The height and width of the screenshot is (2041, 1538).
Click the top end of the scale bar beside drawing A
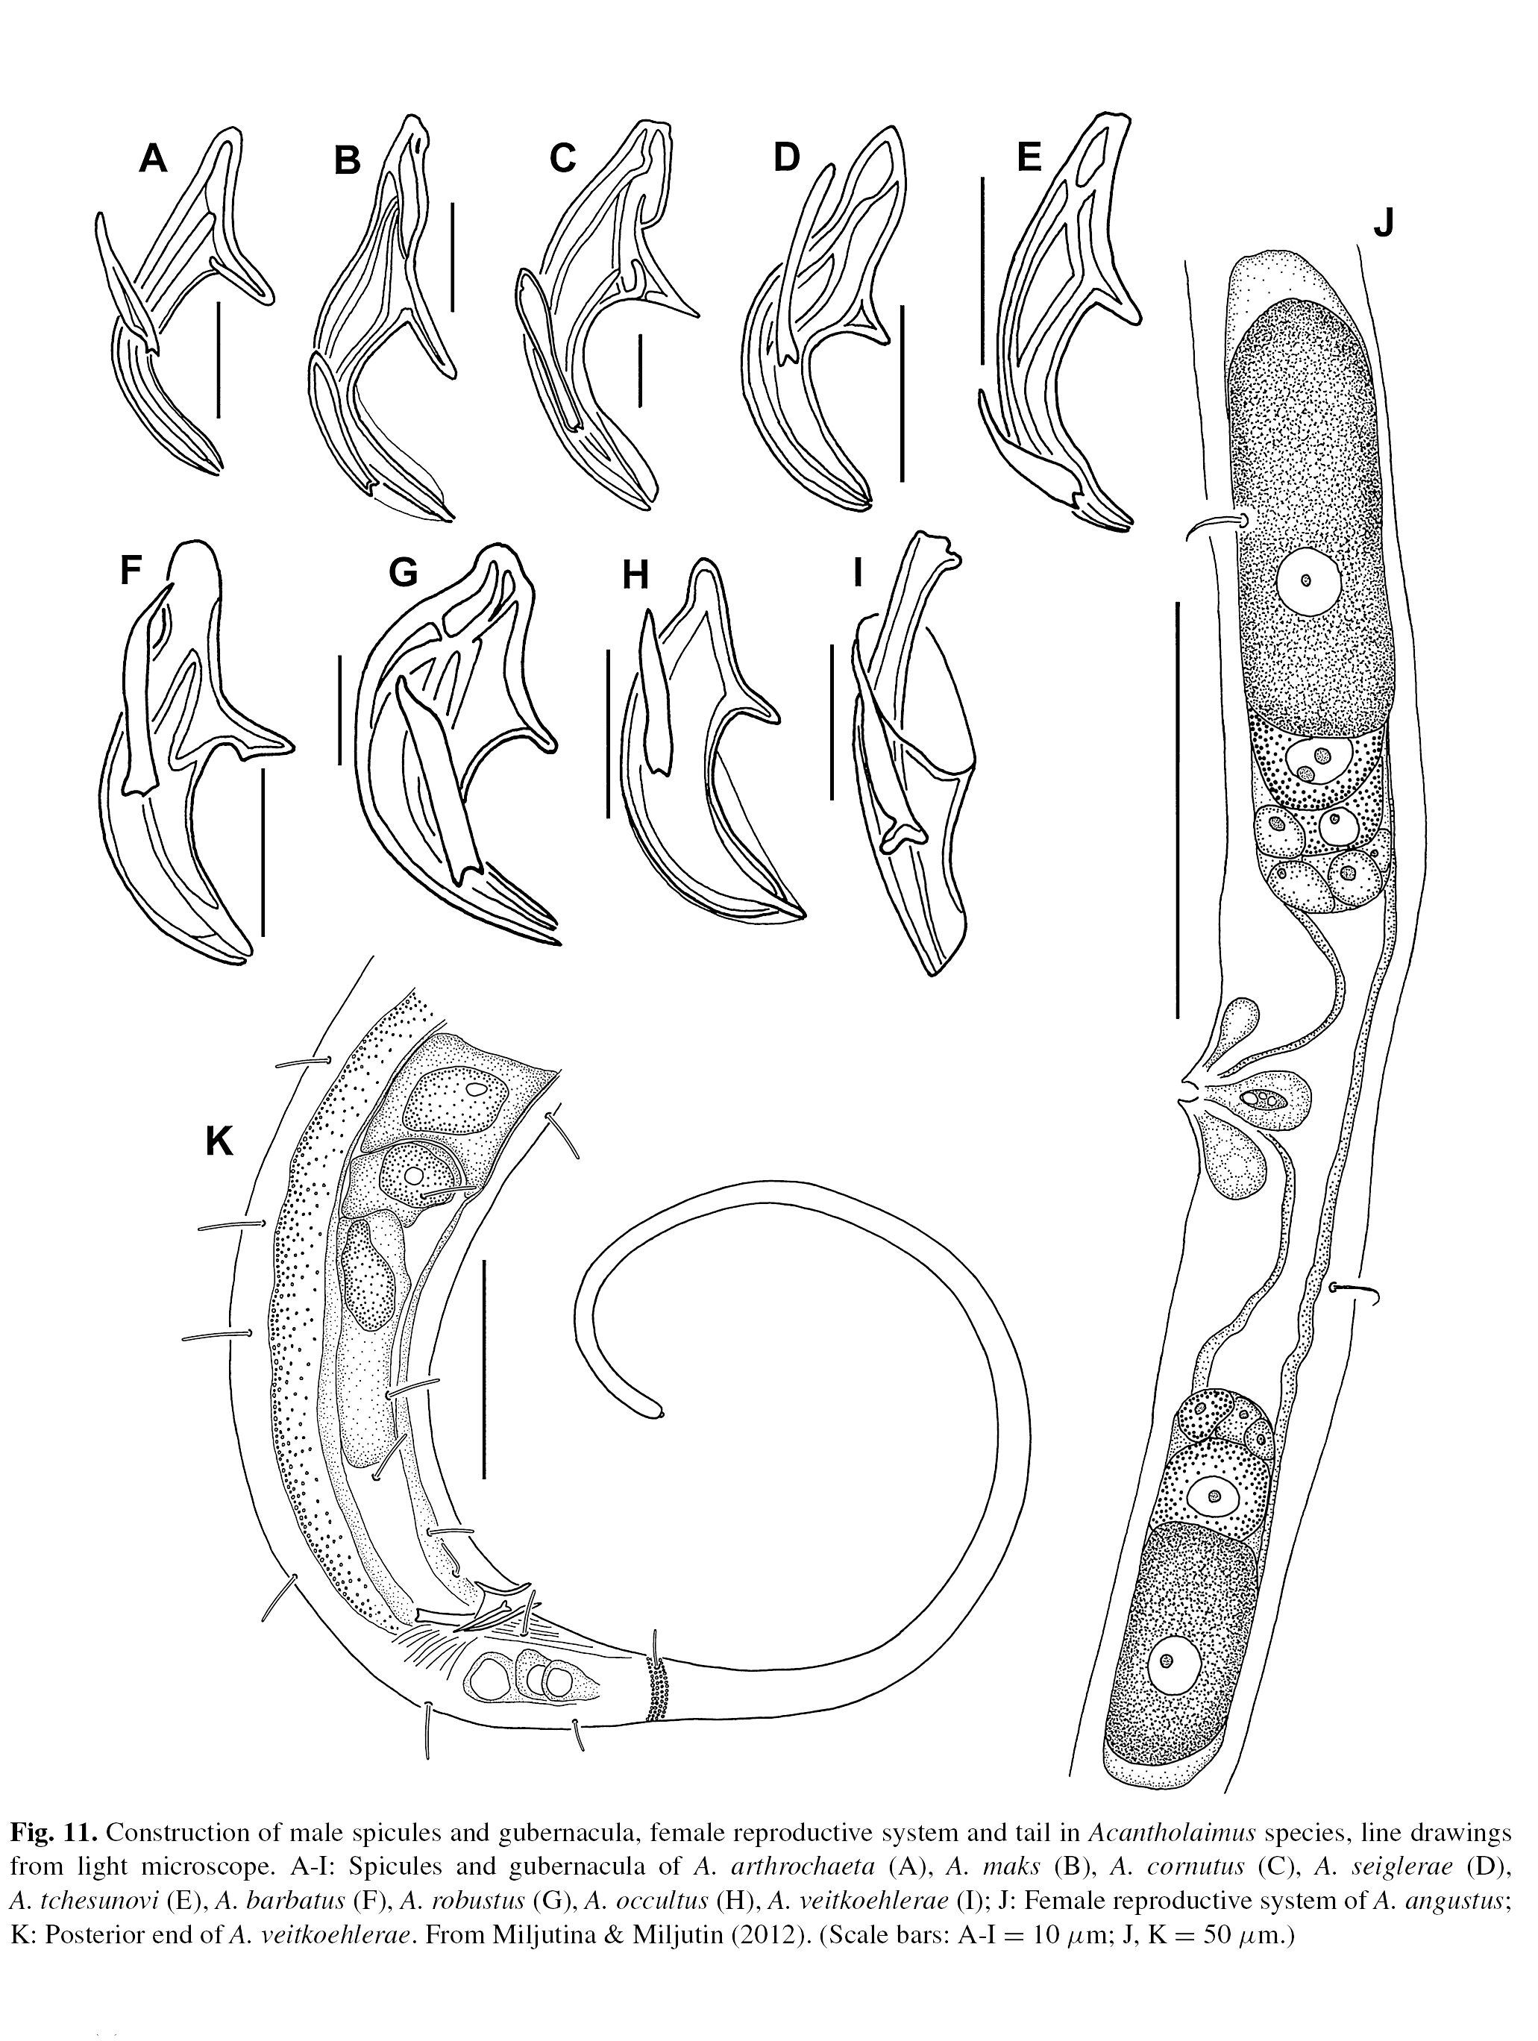(219, 300)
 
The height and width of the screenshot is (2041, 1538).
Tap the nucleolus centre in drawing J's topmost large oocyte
(1305, 581)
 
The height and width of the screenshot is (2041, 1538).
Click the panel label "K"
(219, 1144)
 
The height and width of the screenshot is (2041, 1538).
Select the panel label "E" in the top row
(1028, 158)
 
